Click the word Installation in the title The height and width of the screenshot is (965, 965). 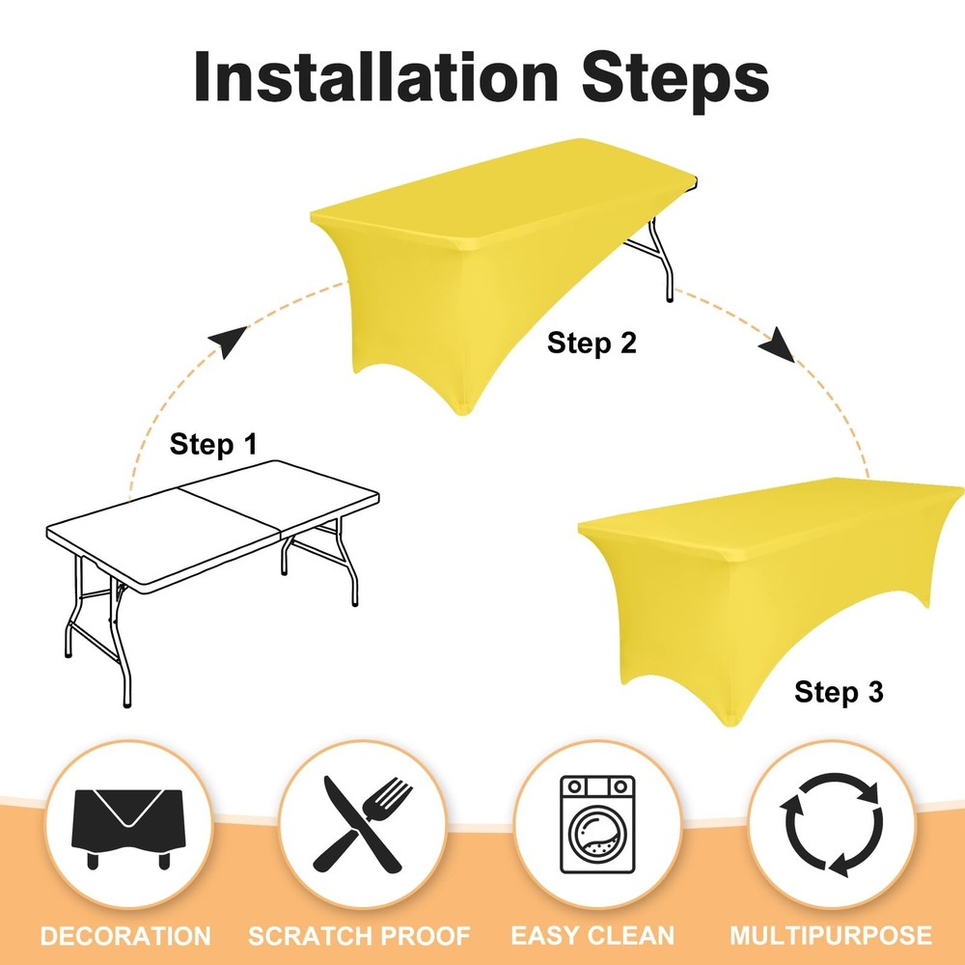pyautogui.click(x=376, y=76)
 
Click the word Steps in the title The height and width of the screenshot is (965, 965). pyautogui.click(x=675, y=81)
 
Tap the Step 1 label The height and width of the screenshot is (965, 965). pyautogui.click(x=213, y=444)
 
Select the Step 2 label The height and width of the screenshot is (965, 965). pyautogui.click(x=592, y=343)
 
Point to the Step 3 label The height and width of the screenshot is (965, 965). pyautogui.click(x=839, y=692)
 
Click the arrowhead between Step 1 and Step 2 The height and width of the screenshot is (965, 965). pyautogui.click(x=226, y=340)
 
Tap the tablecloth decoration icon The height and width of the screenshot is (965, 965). pyautogui.click(x=127, y=827)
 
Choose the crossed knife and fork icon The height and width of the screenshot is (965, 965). pyautogui.click(x=362, y=824)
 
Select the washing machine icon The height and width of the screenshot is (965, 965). pyautogui.click(x=597, y=824)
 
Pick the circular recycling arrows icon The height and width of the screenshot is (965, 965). pyautogui.click(x=831, y=824)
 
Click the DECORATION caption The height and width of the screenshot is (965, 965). pyautogui.click(x=125, y=936)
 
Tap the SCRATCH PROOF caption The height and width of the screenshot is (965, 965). pyautogui.click(x=359, y=936)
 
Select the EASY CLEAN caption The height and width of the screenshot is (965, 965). pyautogui.click(x=593, y=936)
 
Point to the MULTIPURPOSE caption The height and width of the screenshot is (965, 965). pyautogui.click(x=831, y=936)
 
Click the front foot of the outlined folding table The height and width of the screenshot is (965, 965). pyautogui.click(x=126, y=704)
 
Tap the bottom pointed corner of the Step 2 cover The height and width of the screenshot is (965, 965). pyautogui.click(x=464, y=412)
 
